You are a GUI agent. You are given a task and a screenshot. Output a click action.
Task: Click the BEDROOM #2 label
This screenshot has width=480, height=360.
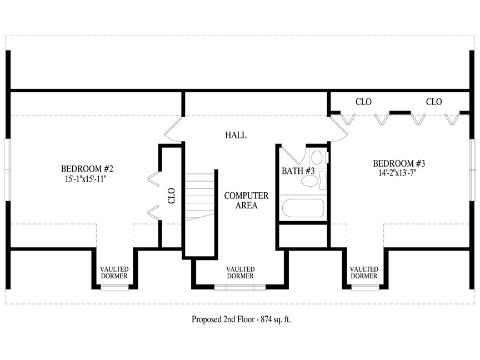tap(87, 169)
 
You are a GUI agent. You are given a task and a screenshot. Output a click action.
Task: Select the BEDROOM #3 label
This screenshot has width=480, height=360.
tap(399, 163)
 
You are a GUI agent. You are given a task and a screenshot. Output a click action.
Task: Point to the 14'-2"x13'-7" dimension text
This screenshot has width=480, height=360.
tap(397, 173)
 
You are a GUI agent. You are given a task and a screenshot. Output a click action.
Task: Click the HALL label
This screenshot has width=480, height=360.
tap(236, 135)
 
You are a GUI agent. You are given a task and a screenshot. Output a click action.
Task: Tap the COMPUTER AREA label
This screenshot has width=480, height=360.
tap(246, 201)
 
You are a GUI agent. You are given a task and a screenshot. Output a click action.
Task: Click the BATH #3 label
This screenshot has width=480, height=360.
tap(298, 171)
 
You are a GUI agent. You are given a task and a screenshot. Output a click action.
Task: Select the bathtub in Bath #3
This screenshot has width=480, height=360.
tap(303, 208)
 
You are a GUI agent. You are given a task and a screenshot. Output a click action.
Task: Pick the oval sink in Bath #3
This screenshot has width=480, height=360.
tap(310, 181)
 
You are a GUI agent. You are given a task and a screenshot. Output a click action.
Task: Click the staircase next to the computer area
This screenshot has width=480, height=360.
tap(199, 197)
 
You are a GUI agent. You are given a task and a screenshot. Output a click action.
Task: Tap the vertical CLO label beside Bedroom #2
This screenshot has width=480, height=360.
tap(172, 196)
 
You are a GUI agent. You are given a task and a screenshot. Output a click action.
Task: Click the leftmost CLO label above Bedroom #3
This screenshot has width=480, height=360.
tap(363, 102)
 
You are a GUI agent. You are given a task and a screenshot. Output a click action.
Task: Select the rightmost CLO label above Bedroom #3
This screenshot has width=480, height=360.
tap(434, 102)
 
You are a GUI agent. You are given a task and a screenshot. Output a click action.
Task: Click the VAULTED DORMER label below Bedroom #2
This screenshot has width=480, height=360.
tap(114, 272)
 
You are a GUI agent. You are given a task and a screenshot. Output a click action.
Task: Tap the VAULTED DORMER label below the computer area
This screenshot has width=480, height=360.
tap(241, 272)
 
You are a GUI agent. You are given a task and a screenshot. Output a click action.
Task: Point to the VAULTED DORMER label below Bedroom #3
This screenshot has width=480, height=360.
tap(364, 272)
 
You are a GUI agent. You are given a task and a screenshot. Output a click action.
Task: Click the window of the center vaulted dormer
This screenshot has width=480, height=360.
tap(240, 287)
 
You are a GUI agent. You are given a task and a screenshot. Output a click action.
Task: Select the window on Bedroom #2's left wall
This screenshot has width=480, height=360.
tap(7, 170)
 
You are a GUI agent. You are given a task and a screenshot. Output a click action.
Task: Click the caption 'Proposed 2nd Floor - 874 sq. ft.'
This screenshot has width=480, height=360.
tap(241, 319)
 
